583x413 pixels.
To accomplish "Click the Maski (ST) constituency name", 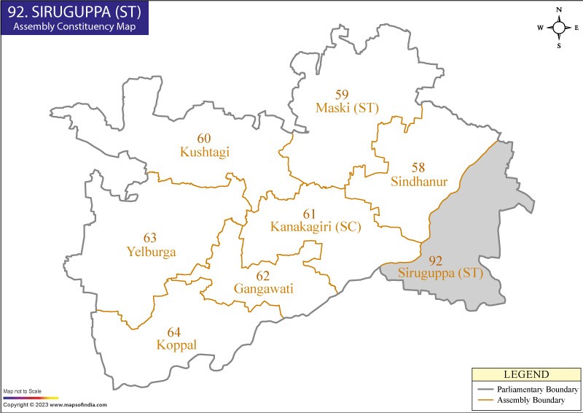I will pyautogui.click(x=348, y=108).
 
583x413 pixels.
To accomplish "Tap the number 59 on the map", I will pyautogui.click(x=342, y=94).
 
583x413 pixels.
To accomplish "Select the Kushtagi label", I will pyautogui.click(x=204, y=152).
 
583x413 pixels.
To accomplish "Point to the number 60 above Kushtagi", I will pyautogui.click(x=204, y=138).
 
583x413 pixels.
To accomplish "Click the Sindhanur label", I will pyautogui.click(x=419, y=181).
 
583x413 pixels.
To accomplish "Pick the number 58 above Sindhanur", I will pyautogui.click(x=418, y=167).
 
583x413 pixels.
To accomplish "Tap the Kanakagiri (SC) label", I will pyautogui.click(x=316, y=226).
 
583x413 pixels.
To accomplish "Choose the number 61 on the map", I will pyautogui.click(x=310, y=213).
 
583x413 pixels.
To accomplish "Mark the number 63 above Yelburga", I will pyautogui.click(x=149, y=238).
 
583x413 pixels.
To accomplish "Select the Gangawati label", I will pyautogui.click(x=263, y=289).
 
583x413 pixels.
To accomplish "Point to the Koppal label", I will pyautogui.click(x=176, y=344).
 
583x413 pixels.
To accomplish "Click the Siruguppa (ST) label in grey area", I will pyautogui.click(x=440, y=274).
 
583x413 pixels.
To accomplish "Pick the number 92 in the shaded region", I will pyautogui.click(x=435, y=260).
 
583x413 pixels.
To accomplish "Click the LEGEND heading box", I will pyautogui.click(x=526, y=374).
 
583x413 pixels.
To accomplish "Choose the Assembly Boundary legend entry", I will pyautogui.click(x=531, y=401).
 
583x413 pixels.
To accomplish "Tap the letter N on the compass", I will pyautogui.click(x=559, y=9).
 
